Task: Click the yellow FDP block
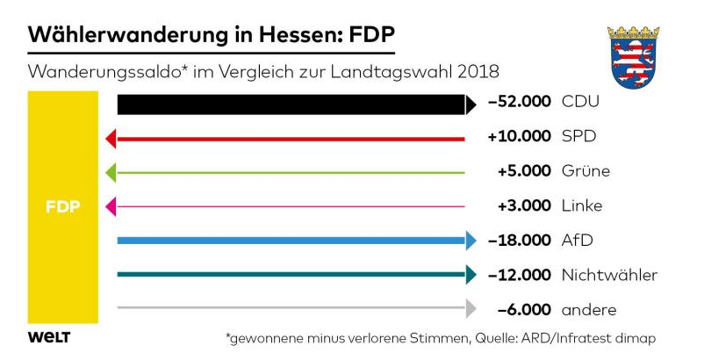(62, 207)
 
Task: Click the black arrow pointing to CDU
(294, 104)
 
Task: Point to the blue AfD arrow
(294, 240)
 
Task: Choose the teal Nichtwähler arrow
(294, 275)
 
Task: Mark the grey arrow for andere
(294, 308)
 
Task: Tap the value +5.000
(524, 170)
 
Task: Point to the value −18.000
(520, 240)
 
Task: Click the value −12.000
(520, 275)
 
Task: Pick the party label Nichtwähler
(609, 275)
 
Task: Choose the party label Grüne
(585, 170)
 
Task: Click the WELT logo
(49, 337)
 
